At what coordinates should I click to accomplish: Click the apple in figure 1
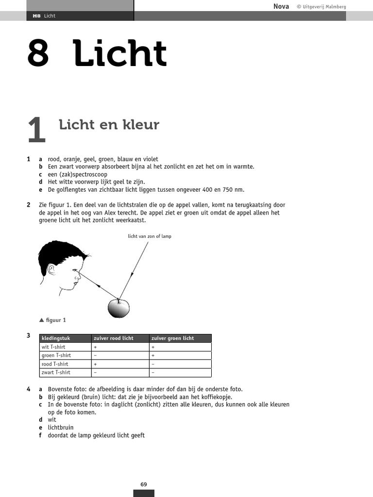coord(119,308)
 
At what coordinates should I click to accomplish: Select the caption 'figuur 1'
coord(55,320)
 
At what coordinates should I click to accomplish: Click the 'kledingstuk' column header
coord(54,338)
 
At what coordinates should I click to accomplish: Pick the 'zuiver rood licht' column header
coord(113,338)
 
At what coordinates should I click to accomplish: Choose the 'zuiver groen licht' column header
coord(172,338)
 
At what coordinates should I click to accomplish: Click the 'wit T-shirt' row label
coord(53,347)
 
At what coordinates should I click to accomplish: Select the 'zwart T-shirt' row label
coord(56,372)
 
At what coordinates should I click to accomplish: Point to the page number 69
coord(144,484)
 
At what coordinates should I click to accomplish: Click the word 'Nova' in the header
coord(281,6)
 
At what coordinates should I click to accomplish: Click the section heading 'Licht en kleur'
coord(109,125)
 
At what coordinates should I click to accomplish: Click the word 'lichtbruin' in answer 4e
coord(60,428)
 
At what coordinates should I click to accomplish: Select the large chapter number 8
coord(38,54)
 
